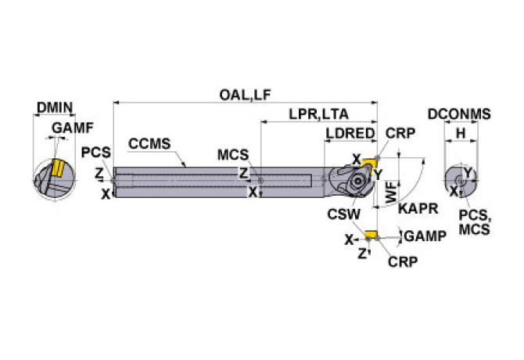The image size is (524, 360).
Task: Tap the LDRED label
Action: click(x=350, y=134)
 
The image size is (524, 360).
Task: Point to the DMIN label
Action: click(x=55, y=108)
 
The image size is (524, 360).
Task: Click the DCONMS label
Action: click(x=459, y=114)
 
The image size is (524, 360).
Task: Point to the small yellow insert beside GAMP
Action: click(x=370, y=233)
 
